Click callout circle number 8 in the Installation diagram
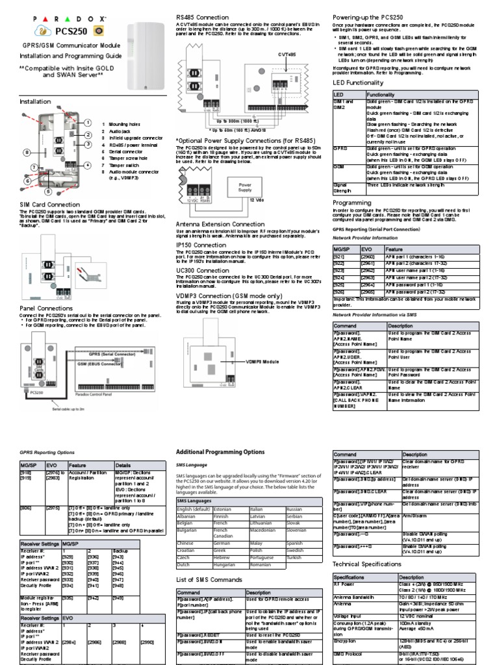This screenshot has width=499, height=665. point(27,153)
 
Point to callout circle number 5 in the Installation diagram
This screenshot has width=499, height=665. point(47,192)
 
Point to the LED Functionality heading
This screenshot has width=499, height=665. point(358,83)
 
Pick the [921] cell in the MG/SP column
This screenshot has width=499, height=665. point(339,257)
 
